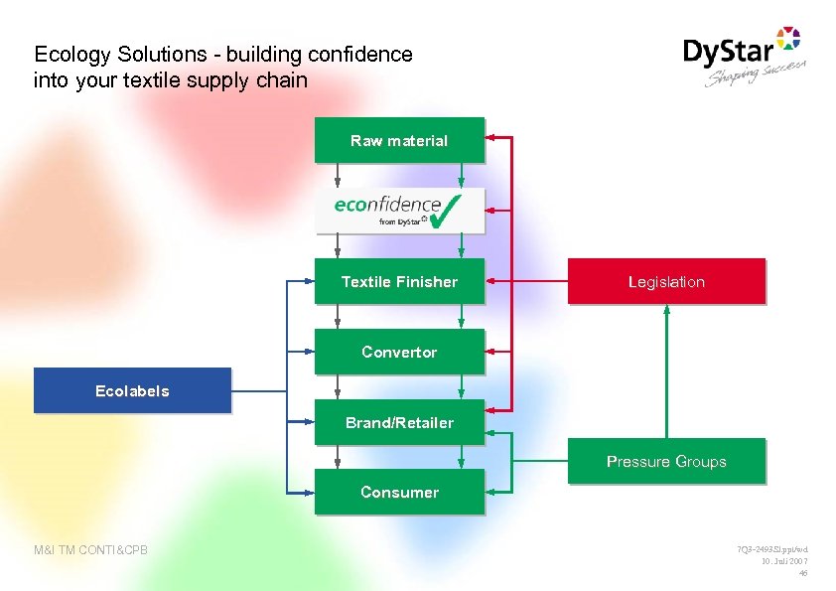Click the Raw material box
[399, 140]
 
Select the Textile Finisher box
[399, 281]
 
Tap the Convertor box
[399, 352]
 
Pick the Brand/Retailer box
[399, 422]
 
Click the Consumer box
[399, 492]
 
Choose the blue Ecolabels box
[132, 390]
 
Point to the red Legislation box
[666, 281]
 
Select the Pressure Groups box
[666, 461]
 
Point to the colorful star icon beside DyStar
[787, 39]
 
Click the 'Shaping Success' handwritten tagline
[755, 74]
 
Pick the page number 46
[803, 573]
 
